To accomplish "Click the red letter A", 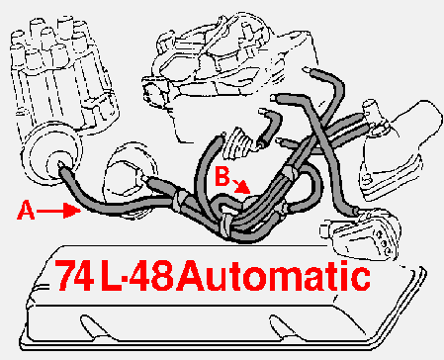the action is tap(26, 211).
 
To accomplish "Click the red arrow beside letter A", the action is tap(58, 211).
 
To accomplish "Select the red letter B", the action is tap(222, 176).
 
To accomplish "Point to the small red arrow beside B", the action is tap(241, 186).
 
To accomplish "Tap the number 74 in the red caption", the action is tap(73, 275).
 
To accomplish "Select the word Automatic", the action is tap(273, 275).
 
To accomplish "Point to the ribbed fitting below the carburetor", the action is tap(239, 142).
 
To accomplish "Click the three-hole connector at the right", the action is tap(361, 236).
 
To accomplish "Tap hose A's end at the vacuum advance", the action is tap(62, 166).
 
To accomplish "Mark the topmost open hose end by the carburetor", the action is tap(308, 70).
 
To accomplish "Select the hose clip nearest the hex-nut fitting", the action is tap(179, 200).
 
